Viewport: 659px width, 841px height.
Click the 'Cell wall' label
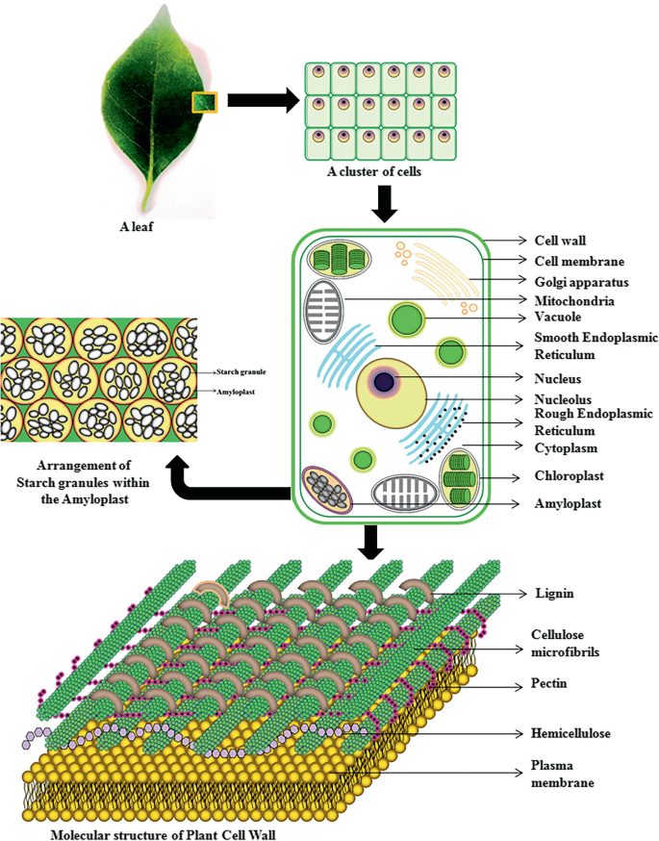559,241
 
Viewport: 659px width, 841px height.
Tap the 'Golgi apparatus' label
581,282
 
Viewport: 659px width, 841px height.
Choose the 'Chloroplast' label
569,476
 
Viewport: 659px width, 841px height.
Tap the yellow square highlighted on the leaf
204,101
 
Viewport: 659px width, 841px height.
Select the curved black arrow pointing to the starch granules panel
226,486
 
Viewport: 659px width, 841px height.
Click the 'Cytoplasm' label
567,447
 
